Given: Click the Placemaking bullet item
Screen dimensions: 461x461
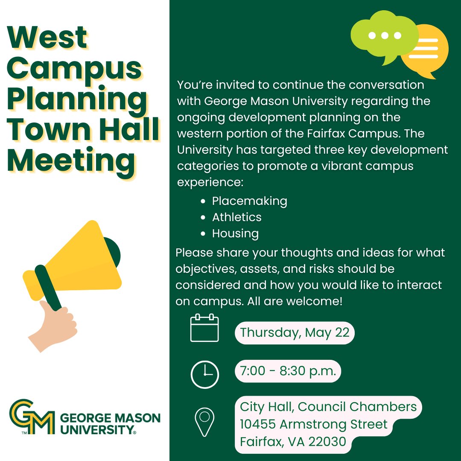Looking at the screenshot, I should point(249,201).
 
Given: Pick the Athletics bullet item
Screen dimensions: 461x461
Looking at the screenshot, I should point(236,217).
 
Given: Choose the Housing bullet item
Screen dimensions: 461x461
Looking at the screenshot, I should point(235,233).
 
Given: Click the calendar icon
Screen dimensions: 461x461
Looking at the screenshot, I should point(204,328).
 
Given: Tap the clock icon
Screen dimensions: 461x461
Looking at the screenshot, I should point(204,374).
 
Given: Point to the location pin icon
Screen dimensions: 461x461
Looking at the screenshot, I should point(204,421).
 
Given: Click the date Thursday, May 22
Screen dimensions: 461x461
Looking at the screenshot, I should point(295,333).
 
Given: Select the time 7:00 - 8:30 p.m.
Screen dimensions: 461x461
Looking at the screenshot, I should point(288,371).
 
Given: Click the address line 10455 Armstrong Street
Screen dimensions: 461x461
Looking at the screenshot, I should point(313,424).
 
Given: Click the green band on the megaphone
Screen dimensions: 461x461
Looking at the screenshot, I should point(48,288).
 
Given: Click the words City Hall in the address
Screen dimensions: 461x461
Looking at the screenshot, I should point(266,406).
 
